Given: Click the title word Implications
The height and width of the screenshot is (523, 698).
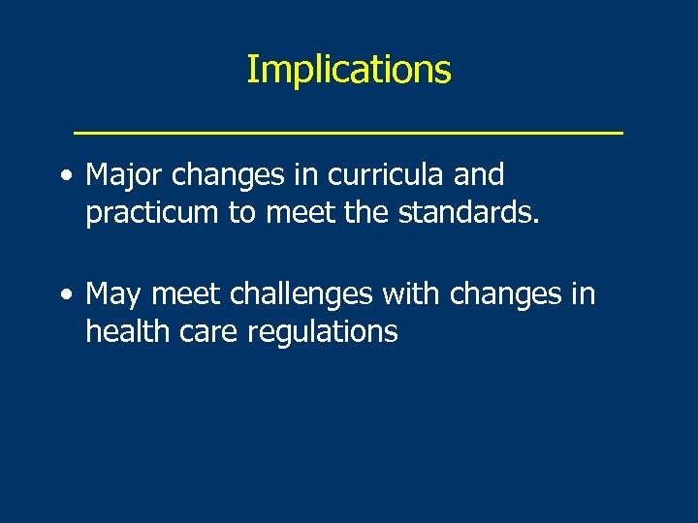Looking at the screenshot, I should [348, 70].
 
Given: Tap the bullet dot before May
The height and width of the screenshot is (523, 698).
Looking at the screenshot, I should [64, 294].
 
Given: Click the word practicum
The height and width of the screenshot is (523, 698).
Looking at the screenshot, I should [152, 213].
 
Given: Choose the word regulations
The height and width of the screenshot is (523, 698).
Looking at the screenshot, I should [323, 331].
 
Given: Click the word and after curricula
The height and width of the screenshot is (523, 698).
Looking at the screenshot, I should [479, 176].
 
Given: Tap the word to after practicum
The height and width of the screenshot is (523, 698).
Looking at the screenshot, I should [240, 213].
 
